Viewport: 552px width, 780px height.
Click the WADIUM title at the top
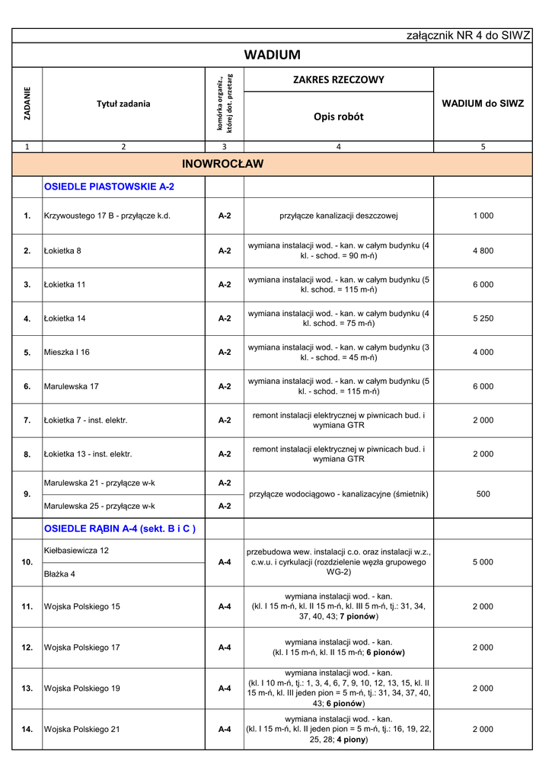click(273, 55)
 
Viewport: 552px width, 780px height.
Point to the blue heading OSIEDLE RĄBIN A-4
click(120, 529)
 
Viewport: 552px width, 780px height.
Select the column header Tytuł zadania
click(123, 104)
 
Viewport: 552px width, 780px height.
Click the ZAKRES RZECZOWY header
click(339, 80)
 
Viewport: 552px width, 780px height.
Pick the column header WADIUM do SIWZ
click(483, 104)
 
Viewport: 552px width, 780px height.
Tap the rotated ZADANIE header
click(27, 104)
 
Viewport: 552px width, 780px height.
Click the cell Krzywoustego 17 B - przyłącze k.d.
click(107, 216)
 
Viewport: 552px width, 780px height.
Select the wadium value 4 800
click(483, 251)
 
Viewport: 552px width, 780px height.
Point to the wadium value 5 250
click(483, 318)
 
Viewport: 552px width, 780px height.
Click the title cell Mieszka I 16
click(67, 353)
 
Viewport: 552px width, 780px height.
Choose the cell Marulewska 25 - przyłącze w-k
click(100, 506)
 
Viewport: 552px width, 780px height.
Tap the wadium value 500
click(483, 494)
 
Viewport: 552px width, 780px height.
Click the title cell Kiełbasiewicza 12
click(77, 550)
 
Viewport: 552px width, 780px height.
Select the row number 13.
click(27, 689)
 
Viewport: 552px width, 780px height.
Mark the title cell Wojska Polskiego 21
click(82, 729)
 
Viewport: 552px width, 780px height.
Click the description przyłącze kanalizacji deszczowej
click(339, 216)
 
